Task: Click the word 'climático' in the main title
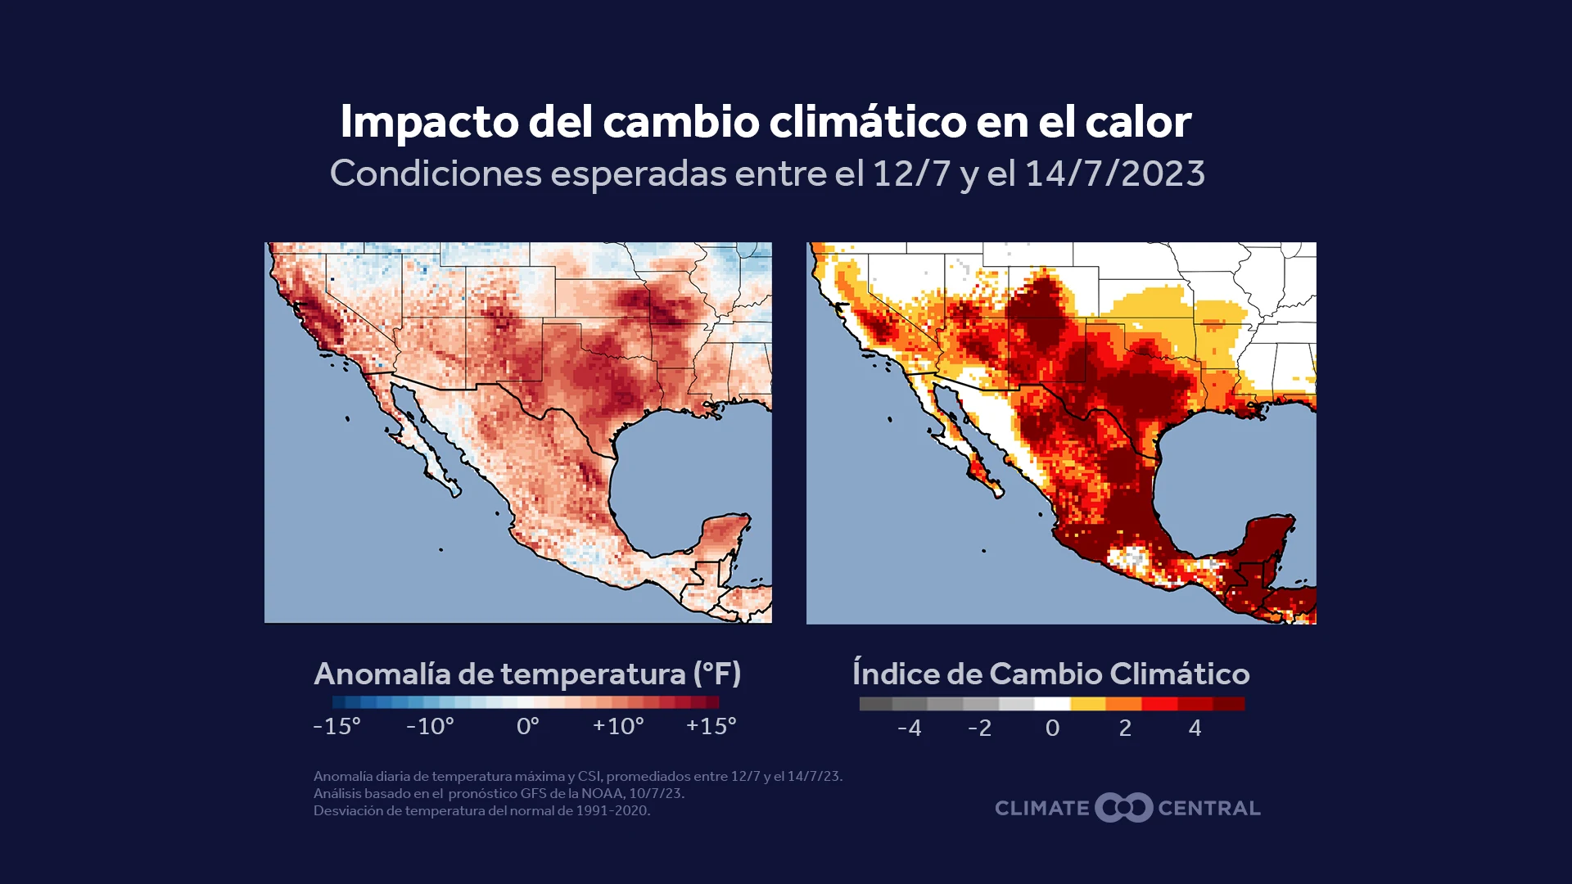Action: [x=868, y=121]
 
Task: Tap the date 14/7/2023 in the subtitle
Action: [x=1115, y=174]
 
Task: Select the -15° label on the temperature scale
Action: [x=337, y=726]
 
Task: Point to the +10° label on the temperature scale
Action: [x=618, y=726]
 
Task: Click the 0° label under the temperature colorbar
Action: [x=528, y=726]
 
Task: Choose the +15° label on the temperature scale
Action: [x=711, y=726]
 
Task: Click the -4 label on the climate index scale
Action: [x=909, y=728]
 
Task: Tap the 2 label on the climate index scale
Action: [x=1125, y=728]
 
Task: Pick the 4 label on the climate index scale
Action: [x=1195, y=728]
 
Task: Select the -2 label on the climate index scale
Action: [x=979, y=728]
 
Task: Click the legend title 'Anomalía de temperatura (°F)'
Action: [x=527, y=674]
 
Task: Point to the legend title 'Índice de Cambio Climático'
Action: [x=1051, y=674]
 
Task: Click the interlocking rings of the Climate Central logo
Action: [x=1124, y=808]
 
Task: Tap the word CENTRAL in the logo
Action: [x=1209, y=809]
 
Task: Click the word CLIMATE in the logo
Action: [x=1042, y=809]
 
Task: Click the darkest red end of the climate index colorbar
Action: [x=1228, y=704]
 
